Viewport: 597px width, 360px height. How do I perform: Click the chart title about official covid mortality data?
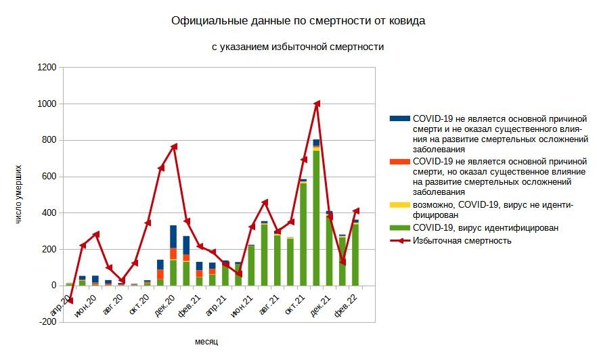298,21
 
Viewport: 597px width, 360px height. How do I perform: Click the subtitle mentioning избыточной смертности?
298,47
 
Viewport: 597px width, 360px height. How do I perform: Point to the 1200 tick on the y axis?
47,68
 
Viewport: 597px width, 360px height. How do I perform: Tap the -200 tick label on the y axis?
47,322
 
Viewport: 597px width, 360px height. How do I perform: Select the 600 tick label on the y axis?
49,177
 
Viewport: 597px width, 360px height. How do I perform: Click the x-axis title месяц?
206,342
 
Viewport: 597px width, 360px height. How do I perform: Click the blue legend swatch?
400,118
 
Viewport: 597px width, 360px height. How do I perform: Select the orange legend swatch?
400,162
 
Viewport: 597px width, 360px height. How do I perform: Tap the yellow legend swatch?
400,204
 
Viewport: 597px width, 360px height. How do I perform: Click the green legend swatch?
400,228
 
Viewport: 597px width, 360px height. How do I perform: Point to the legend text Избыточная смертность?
462,240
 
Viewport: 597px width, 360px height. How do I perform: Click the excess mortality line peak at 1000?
317,104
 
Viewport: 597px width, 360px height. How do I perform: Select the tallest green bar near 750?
316,217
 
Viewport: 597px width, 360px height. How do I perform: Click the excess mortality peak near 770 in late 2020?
174,146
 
